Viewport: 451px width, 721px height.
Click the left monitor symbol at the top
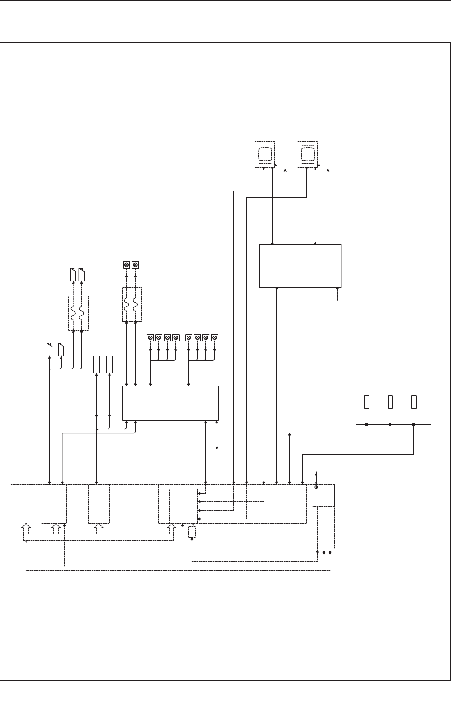(264, 154)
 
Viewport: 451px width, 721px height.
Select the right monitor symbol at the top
(307, 154)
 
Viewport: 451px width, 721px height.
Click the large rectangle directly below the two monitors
(300, 266)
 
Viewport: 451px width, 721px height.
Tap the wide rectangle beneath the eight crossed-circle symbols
(170, 403)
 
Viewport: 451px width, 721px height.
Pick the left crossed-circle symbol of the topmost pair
(126, 265)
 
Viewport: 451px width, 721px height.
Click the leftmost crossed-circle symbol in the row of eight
(150, 337)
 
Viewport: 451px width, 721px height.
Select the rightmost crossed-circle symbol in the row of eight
(215, 337)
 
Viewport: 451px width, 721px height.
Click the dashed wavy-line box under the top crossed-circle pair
(131, 304)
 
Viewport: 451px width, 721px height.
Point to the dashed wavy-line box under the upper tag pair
(78, 313)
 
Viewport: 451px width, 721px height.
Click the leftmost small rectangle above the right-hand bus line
(367, 402)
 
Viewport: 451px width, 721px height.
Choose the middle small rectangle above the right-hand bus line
(390, 402)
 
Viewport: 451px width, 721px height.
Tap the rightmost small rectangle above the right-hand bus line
(414, 402)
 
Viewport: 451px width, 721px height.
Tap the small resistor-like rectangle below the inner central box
(192, 532)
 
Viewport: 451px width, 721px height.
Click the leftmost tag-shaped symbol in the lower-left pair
(49, 349)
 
